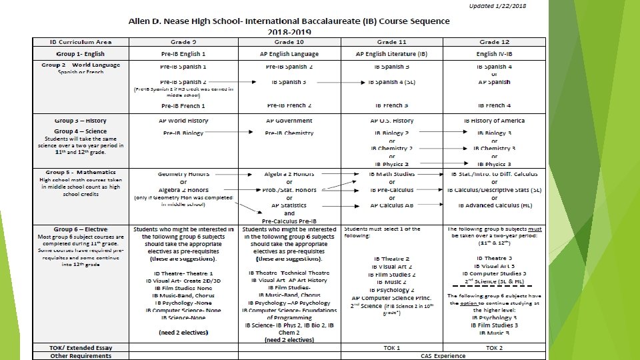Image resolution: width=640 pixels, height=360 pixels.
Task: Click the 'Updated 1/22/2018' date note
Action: click(x=498, y=7)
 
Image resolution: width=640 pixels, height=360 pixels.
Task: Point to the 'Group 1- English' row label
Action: click(x=81, y=54)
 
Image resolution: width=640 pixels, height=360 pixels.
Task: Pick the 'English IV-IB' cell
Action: click(x=494, y=54)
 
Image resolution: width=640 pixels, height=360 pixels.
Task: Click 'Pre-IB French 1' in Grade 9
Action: click(x=183, y=106)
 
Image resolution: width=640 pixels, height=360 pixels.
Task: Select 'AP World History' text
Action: click(x=183, y=121)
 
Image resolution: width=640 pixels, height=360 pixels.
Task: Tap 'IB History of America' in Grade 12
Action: click(x=494, y=121)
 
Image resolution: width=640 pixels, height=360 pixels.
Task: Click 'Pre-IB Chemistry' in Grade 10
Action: click(x=289, y=133)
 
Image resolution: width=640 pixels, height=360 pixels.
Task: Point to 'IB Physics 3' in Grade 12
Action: click(x=494, y=164)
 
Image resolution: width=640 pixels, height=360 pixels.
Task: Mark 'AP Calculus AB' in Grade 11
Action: click(x=391, y=205)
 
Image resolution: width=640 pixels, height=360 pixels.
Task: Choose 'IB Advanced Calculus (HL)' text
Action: click(x=494, y=205)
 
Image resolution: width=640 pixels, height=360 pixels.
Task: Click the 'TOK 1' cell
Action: click(x=391, y=347)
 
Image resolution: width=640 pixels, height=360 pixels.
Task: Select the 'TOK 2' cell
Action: click(x=494, y=347)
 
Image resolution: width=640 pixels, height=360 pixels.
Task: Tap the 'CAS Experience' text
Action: click(x=443, y=356)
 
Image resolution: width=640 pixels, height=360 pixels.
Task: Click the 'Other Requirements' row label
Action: click(x=81, y=356)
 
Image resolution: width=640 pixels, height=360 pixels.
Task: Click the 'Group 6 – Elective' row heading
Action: click(x=81, y=229)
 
